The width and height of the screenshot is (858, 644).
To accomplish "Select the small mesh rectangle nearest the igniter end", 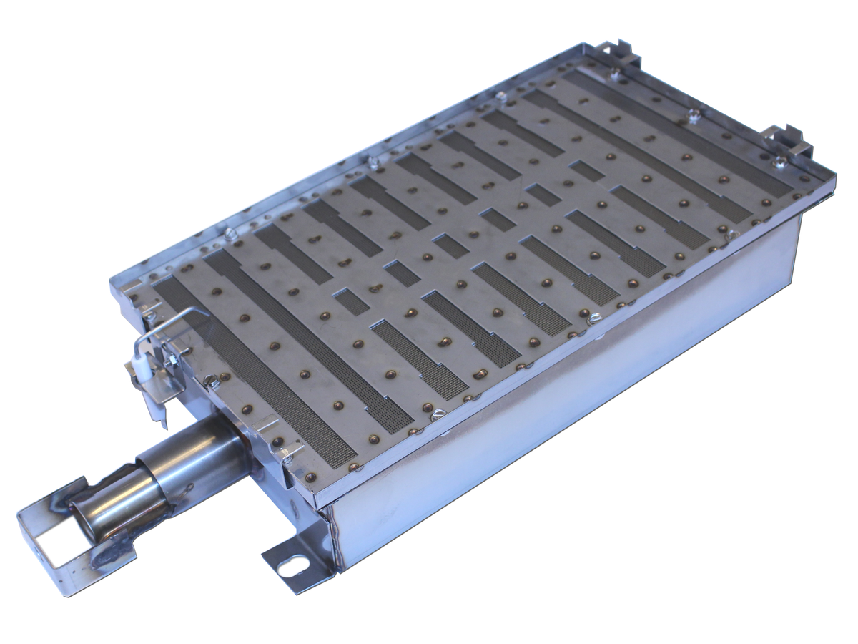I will (351, 301).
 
